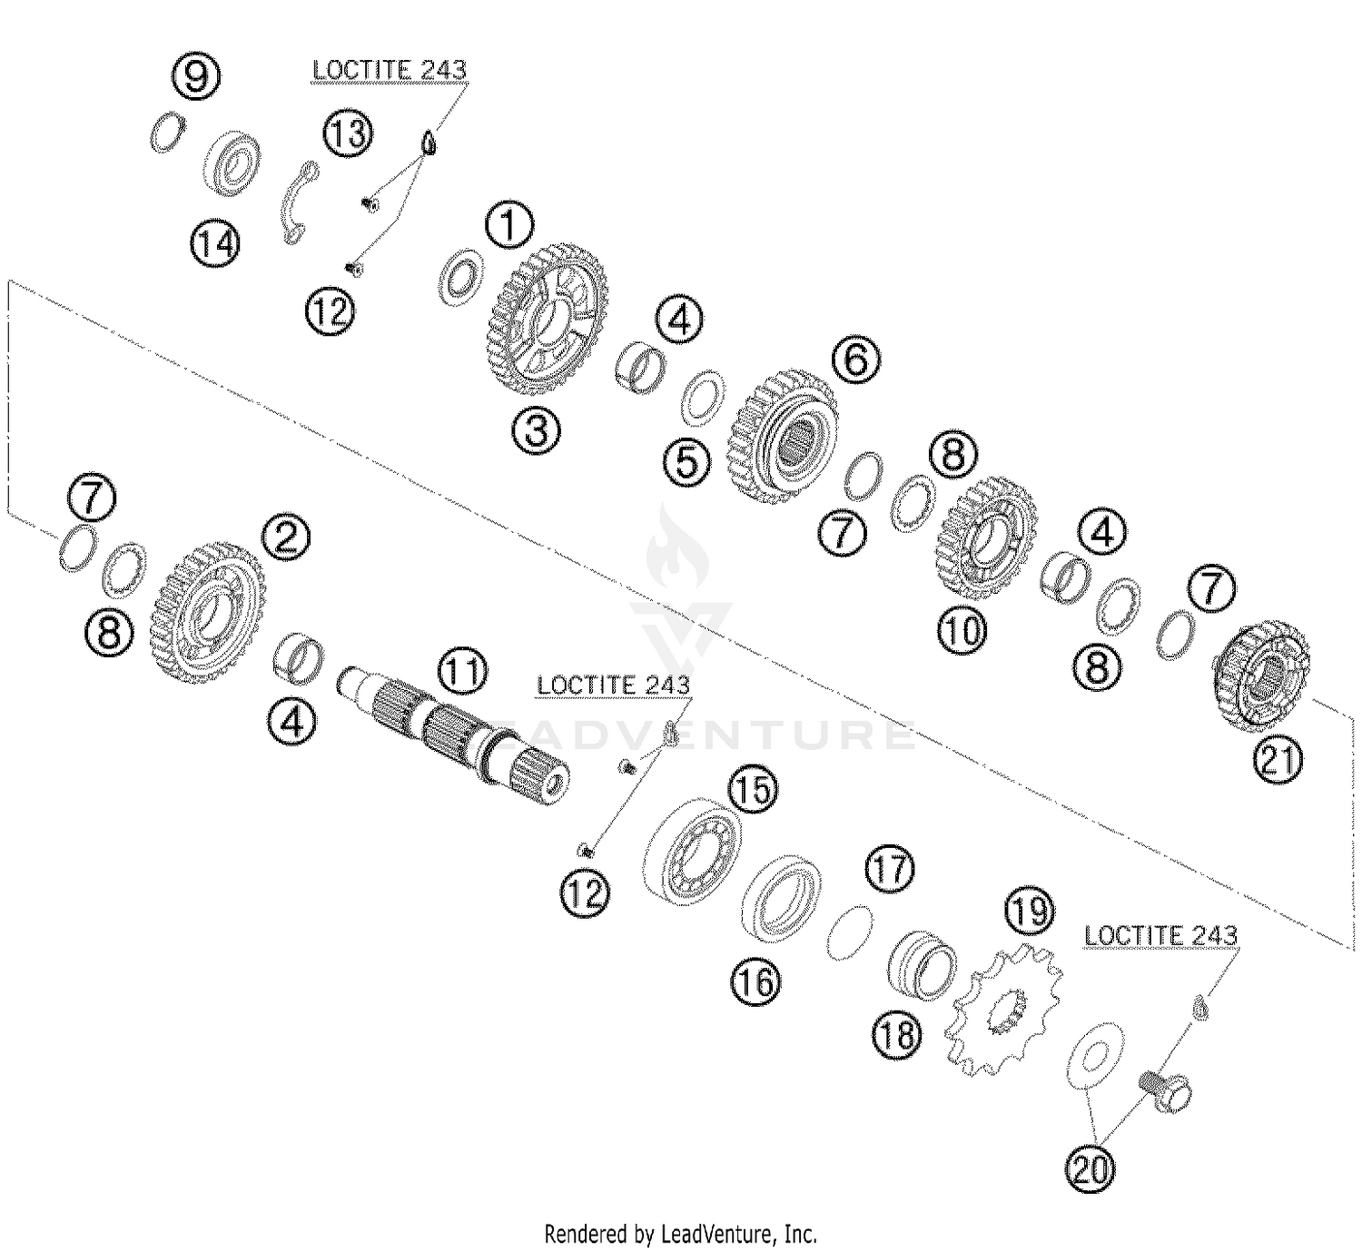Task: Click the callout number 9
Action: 196,75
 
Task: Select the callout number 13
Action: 347,133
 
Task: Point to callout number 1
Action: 509,226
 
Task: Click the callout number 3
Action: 537,430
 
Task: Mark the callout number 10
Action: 962,629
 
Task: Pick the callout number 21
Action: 1278,760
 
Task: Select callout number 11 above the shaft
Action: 461,672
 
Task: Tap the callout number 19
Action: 1030,909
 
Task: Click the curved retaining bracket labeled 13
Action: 297,205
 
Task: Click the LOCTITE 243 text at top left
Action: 389,70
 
